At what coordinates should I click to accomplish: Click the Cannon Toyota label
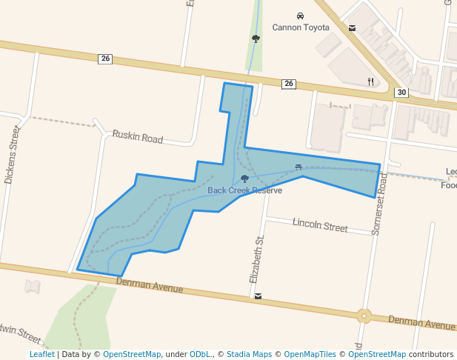301,28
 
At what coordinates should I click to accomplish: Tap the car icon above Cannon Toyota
300,16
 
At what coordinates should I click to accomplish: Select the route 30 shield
401,93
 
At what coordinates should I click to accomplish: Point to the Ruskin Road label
137,137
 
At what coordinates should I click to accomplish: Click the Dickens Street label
10,154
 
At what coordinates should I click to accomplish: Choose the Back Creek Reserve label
244,190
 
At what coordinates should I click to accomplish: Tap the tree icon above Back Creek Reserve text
244,179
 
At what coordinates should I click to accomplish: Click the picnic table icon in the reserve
298,167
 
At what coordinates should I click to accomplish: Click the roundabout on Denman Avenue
364,316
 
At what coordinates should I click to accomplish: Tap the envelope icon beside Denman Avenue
258,296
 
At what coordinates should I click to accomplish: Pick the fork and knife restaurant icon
370,81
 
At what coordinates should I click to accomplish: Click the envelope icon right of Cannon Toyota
352,28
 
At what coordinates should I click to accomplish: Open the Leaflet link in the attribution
41,355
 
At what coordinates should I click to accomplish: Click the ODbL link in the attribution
200,355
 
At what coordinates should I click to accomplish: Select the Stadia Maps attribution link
249,355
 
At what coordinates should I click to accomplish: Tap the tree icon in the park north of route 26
256,39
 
